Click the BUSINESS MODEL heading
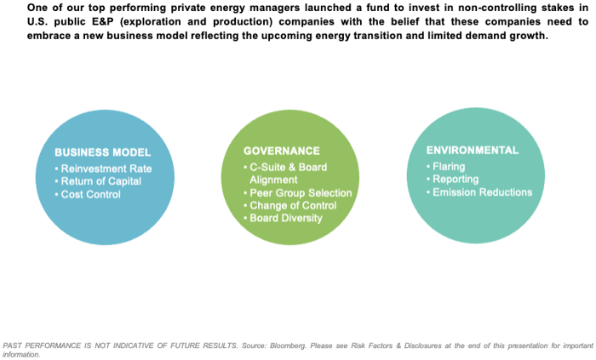[103, 152]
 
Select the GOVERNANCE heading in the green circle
[282, 151]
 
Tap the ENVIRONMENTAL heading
[472, 150]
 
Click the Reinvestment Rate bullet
[103, 169]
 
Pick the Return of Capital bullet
[98, 181]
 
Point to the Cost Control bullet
[88, 194]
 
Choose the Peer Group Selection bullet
[298, 193]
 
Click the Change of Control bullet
[290, 205]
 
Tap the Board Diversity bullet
[284, 218]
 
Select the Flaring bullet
[446, 166]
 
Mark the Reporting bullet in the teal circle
[453, 179]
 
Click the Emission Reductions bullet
[479, 192]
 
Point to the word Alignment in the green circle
[273, 180]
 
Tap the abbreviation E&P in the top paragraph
[103, 21]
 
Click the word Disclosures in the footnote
[422, 346]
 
